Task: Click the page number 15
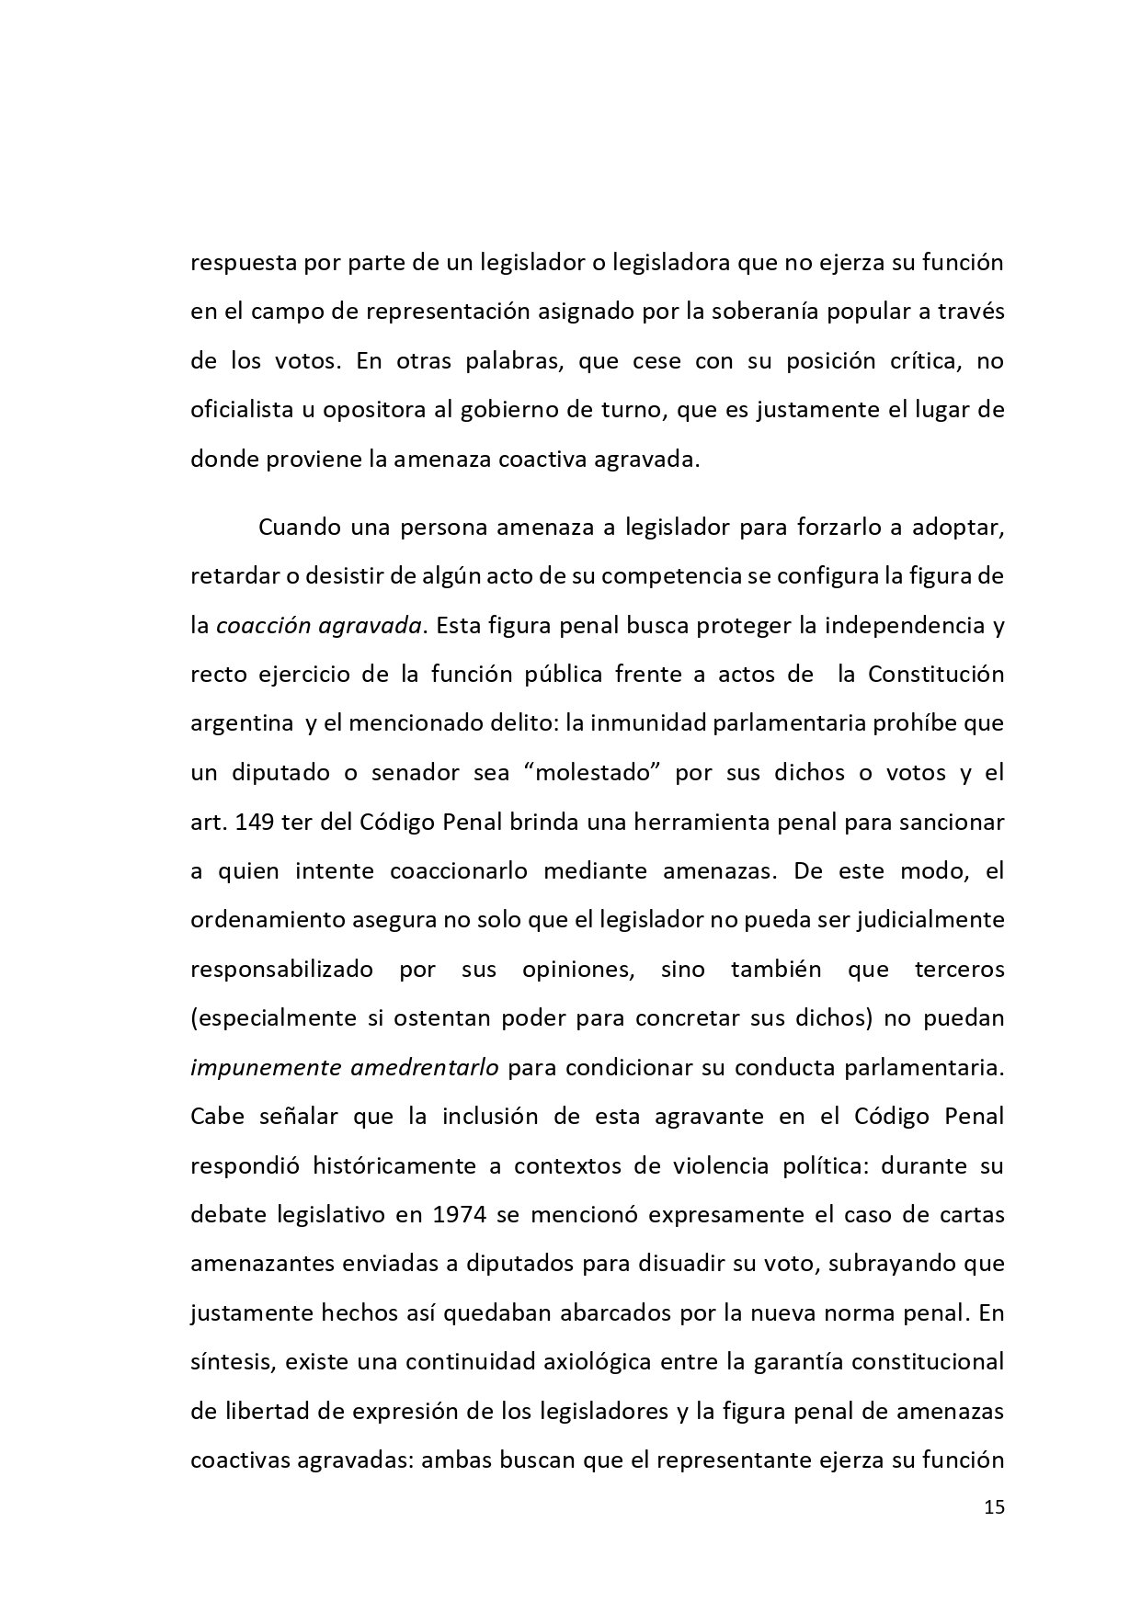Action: (x=994, y=1507)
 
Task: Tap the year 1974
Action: (x=454, y=1215)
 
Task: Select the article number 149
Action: (x=257, y=821)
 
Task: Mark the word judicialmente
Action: (x=930, y=919)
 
